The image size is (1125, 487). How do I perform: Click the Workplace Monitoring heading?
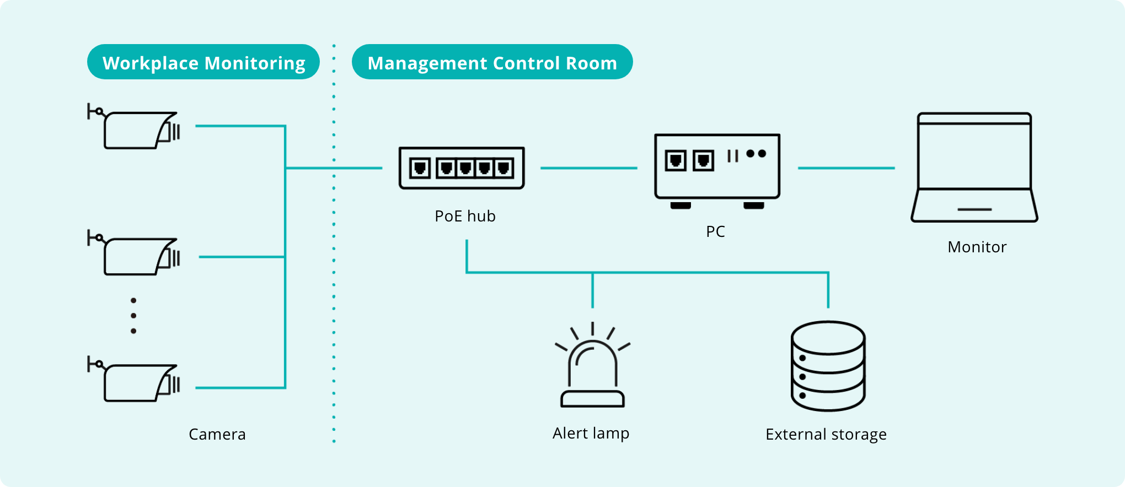click(x=203, y=63)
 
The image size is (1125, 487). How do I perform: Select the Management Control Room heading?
click(x=492, y=63)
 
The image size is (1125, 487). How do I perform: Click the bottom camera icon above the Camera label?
click(x=135, y=382)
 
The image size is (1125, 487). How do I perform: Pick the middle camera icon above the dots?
click(x=135, y=255)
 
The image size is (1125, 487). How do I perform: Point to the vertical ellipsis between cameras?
click(x=133, y=316)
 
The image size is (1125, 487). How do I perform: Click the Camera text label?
click(x=217, y=434)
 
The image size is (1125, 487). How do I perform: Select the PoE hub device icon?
click(x=462, y=168)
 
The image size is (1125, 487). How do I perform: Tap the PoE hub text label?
click(x=465, y=216)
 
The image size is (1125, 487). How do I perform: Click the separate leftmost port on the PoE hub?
click(x=420, y=168)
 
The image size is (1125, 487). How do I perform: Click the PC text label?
click(x=715, y=231)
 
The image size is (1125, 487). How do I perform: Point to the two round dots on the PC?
click(x=756, y=154)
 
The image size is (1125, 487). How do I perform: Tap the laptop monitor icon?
click(x=974, y=167)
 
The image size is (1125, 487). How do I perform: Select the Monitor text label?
click(x=977, y=247)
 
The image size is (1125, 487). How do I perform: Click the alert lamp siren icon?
click(x=592, y=366)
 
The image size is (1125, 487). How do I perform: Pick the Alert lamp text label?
click(x=591, y=434)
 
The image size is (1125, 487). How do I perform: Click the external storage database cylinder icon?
click(x=828, y=366)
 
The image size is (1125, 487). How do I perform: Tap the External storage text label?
click(x=826, y=435)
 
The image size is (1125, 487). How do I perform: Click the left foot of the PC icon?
click(x=681, y=205)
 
